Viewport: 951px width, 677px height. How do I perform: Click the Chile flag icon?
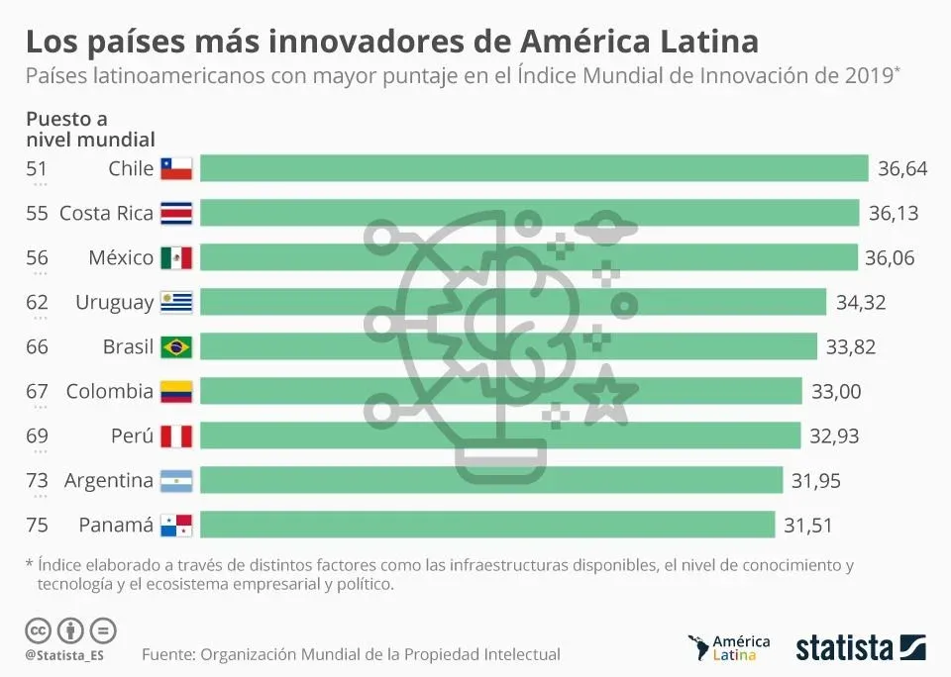(175, 168)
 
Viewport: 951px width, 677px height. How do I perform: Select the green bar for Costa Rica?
(529, 213)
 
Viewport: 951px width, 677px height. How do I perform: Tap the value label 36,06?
(890, 258)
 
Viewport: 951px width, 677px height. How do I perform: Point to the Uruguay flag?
(175, 302)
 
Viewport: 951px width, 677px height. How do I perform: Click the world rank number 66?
(37, 346)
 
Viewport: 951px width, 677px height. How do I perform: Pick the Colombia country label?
(110, 391)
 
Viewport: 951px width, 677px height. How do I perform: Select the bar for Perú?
(500, 435)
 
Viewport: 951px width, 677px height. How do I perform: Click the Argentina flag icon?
(175, 481)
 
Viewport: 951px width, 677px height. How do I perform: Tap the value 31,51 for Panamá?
(808, 526)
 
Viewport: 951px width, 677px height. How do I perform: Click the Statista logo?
(861, 648)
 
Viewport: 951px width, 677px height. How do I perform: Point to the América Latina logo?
(729, 647)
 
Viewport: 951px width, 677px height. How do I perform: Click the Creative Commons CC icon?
(39, 629)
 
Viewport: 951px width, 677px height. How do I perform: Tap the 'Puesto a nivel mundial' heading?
(89, 129)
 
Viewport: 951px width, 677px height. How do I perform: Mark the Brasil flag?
(175, 346)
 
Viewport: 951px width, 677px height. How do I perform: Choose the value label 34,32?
(861, 303)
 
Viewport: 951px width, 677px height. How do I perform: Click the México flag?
(175, 258)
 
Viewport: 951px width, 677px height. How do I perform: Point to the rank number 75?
(37, 526)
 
